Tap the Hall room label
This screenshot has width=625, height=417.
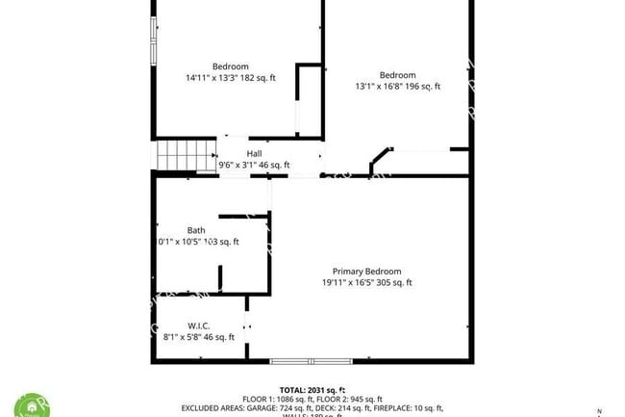coord(254,153)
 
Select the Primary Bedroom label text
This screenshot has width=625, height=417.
coord(366,272)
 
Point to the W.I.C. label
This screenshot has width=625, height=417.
coord(199,326)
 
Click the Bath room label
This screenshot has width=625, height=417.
coord(196,230)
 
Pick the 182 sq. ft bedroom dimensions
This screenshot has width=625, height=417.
coord(231,78)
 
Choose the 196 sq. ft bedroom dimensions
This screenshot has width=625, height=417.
coord(397,87)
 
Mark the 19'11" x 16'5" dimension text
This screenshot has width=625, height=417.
coord(366,283)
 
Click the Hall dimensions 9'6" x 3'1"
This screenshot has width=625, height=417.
coord(254,165)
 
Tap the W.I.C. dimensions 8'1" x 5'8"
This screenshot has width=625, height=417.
coord(199,337)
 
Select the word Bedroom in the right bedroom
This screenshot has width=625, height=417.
coord(397,75)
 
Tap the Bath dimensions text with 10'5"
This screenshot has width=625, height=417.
coord(198,242)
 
